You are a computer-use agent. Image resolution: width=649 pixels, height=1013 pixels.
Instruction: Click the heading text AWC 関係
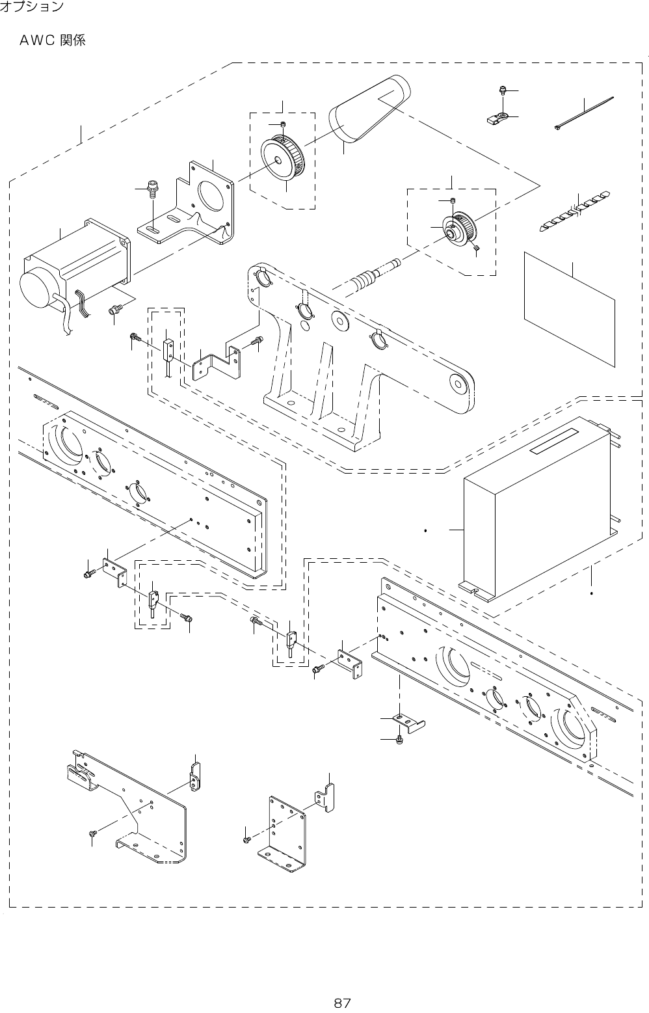pyautogui.click(x=53, y=41)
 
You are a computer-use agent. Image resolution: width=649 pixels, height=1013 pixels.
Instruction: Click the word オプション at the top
pyautogui.click(x=32, y=7)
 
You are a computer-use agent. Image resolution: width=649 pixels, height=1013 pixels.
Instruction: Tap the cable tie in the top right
pyautogui.click(x=584, y=113)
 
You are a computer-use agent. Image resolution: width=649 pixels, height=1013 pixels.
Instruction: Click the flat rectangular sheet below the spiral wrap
pyautogui.click(x=570, y=309)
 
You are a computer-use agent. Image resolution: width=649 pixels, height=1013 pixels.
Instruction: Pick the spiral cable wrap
pyautogui.click(x=575, y=211)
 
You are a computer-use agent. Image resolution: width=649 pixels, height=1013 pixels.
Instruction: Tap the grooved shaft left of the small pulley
pyautogui.click(x=376, y=275)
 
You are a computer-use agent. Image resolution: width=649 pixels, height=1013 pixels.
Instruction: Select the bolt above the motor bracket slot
pyautogui.click(x=152, y=187)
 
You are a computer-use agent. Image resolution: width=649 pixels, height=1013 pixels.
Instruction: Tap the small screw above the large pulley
pyautogui.click(x=284, y=124)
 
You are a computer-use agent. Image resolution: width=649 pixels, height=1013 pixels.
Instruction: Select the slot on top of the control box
pyautogui.click(x=555, y=441)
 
